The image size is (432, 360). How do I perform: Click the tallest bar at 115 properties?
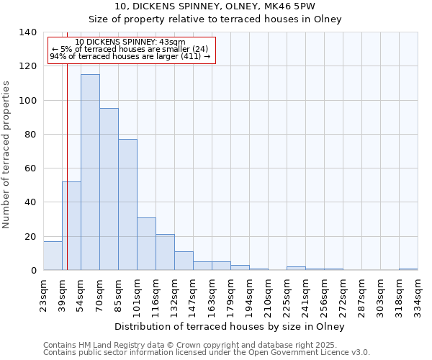tap(90, 173)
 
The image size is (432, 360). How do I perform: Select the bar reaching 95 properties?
tap(109, 189)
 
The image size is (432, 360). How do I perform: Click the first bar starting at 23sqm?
tap(53, 256)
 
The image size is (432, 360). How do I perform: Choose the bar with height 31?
tap(146, 244)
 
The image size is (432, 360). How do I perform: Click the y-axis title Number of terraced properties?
tap(7, 155)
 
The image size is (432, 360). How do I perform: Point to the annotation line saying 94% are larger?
tap(130, 56)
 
